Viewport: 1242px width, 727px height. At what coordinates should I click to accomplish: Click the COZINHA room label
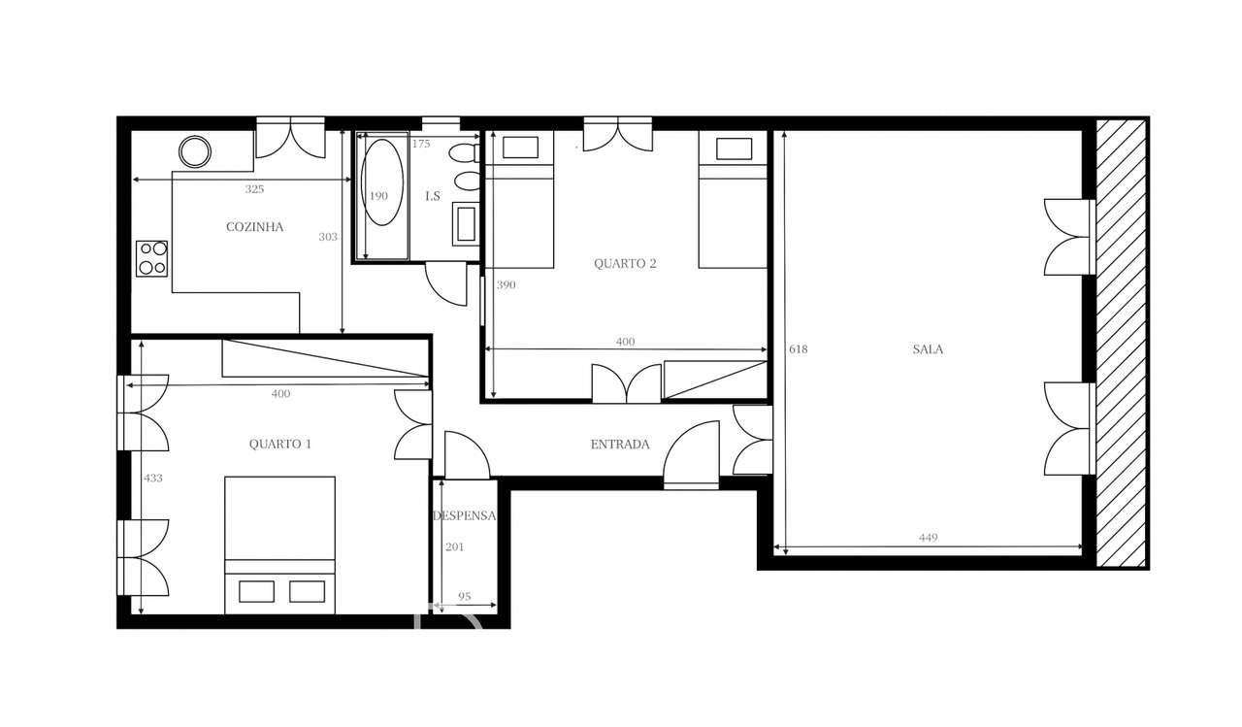pyautogui.click(x=254, y=227)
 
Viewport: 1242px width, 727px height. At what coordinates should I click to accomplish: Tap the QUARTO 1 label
pyautogui.click(x=280, y=445)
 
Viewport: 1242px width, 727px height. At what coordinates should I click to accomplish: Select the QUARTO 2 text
pyautogui.click(x=625, y=263)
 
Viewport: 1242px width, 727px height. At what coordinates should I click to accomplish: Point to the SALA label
pyautogui.click(x=928, y=349)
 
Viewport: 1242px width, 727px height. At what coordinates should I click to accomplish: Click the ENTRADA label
pyautogui.click(x=620, y=445)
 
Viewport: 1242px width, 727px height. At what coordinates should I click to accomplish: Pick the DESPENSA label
pyautogui.click(x=465, y=516)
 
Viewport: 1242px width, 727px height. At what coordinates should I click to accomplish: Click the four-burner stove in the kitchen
pyautogui.click(x=152, y=258)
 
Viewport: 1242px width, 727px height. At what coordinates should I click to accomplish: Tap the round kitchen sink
pyautogui.click(x=195, y=151)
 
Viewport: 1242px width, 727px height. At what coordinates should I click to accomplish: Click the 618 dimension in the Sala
pyautogui.click(x=799, y=349)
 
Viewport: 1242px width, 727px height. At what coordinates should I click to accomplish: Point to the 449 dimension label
pyautogui.click(x=928, y=538)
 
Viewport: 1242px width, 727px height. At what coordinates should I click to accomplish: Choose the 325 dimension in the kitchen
pyautogui.click(x=254, y=189)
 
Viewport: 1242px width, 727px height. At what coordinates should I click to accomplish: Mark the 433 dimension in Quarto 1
pyautogui.click(x=153, y=478)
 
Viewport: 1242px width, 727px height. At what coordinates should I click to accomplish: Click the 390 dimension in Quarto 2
pyautogui.click(x=507, y=285)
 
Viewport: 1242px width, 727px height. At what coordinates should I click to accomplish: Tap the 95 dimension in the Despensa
pyautogui.click(x=464, y=597)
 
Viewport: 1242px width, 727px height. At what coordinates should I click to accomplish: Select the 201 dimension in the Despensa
pyautogui.click(x=454, y=547)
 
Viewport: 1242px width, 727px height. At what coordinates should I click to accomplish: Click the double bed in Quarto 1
pyautogui.click(x=280, y=544)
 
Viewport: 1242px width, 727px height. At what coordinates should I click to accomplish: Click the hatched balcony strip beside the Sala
pyautogui.click(x=1122, y=343)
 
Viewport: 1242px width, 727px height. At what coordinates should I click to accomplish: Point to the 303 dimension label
pyautogui.click(x=328, y=236)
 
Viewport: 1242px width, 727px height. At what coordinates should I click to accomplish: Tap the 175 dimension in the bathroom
pyautogui.click(x=420, y=144)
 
